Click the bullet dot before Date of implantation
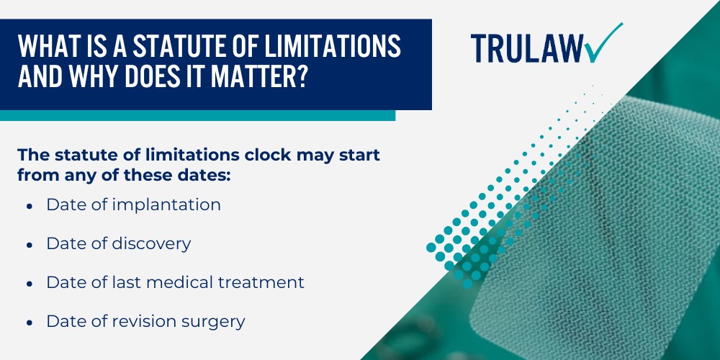tap(29, 206)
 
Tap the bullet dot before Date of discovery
tap(29, 245)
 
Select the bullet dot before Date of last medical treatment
tap(29, 284)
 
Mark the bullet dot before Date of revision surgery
tap(29, 323)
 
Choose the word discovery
tap(151, 244)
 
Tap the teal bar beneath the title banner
tap(197, 115)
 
